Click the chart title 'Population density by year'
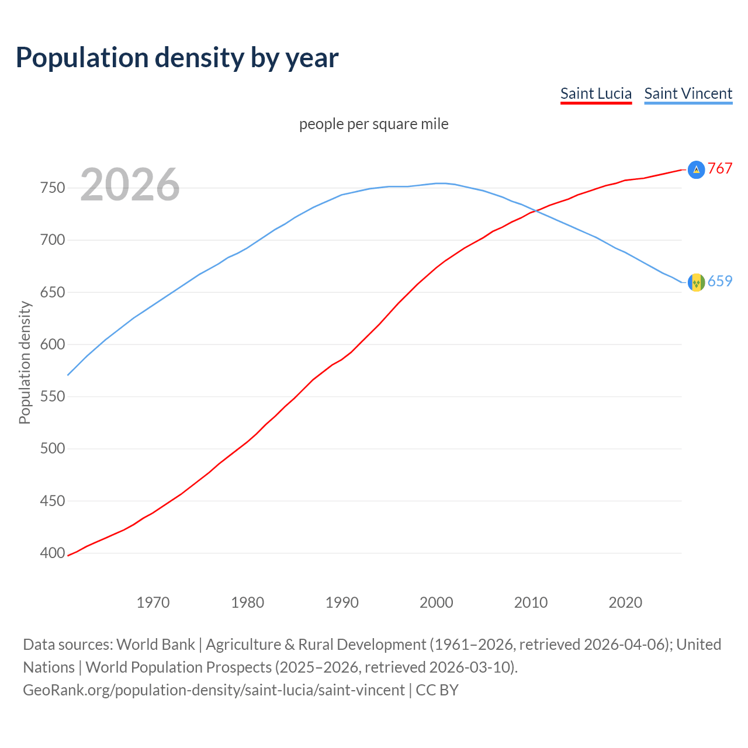pyautogui.click(x=177, y=58)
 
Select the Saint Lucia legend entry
pyautogui.click(x=595, y=93)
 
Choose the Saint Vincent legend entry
pyautogui.click(x=688, y=93)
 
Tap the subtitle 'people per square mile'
pyautogui.click(x=373, y=124)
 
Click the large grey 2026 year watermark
pyautogui.click(x=130, y=185)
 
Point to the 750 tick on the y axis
pyautogui.click(x=52, y=188)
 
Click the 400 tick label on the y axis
pyautogui.click(x=52, y=553)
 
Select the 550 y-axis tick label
pyautogui.click(x=52, y=397)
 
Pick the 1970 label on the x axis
pyautogui.click(x=153, y=602)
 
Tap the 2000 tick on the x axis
pyautogui.click(x=437, y=602)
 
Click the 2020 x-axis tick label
pyautogui.click(x=625, y=602)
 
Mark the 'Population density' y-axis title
pyautogui.click(x=25, y=362)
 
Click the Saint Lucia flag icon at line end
pyautogui.click(x=696, y=169)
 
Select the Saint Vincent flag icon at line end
pyautogui.click(x=696, y=282)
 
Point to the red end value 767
pyautogui.click(x=720, y=169)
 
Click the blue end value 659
pyautogui.click(x=720, y=282)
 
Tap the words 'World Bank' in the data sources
pyautogui.click(x=155, y=645)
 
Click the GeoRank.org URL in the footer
pyautogui.click(x=213, y=690)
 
